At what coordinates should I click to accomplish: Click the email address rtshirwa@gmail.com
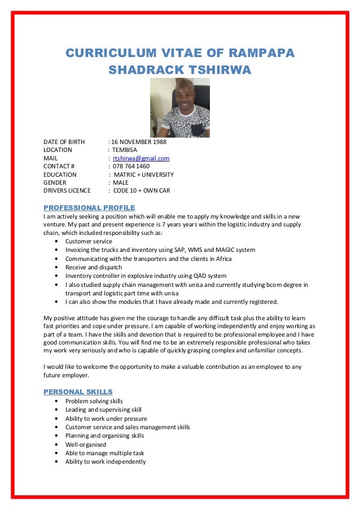(x=141, y=158)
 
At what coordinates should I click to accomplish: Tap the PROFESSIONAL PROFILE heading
(x=89, y=207)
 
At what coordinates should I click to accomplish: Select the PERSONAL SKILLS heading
(x=78, y=391)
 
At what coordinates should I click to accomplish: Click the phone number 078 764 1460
(x=131, y=167)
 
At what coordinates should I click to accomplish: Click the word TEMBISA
(x=124, y=150)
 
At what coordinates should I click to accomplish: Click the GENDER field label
(x=55, y=183)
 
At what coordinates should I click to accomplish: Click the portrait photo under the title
(x=179, y=107)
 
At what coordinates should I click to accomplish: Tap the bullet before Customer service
(x=59, y=241)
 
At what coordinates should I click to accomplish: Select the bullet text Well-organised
(x=86, y=444)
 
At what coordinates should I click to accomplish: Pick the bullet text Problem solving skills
(x=94, y=401)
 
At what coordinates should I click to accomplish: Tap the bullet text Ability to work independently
(x=105, y=461)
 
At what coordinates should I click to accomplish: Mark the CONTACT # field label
(x=59, y=167)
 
